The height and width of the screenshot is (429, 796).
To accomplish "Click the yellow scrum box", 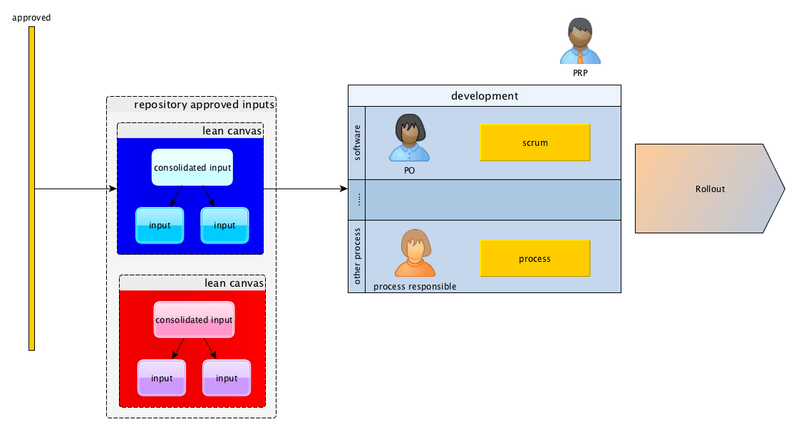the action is point(535,142).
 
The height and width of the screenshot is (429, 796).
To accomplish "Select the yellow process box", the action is point(535,259).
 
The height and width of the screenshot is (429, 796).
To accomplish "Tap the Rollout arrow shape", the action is point(710,189).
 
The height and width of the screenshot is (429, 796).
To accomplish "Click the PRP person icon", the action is point(580,41).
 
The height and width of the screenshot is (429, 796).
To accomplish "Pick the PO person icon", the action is point(409,137).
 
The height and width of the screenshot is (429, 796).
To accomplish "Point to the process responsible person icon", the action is point(415,253).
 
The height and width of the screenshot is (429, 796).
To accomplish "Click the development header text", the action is point(485,96).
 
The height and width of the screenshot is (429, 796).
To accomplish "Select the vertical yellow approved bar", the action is point(31,189).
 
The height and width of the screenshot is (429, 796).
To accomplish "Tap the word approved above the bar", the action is point(31,18).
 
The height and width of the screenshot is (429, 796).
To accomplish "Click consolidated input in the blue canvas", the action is point(192,167).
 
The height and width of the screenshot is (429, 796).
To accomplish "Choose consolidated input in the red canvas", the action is point(194,320).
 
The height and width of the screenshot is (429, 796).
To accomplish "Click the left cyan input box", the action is point(160,226).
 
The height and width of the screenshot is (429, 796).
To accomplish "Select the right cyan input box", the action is point(224,226).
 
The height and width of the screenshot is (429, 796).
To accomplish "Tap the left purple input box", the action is point(162,378).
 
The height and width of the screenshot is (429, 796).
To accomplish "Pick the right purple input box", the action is point(227,378).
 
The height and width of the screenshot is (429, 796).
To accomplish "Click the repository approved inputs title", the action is point(204,105).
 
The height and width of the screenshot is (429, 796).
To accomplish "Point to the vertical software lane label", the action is point(357,142).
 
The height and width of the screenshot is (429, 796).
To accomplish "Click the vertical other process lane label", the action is point(357,256).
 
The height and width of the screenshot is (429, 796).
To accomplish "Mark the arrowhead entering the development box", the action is point(344,189).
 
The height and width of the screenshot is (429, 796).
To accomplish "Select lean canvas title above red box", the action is point(234,283).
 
